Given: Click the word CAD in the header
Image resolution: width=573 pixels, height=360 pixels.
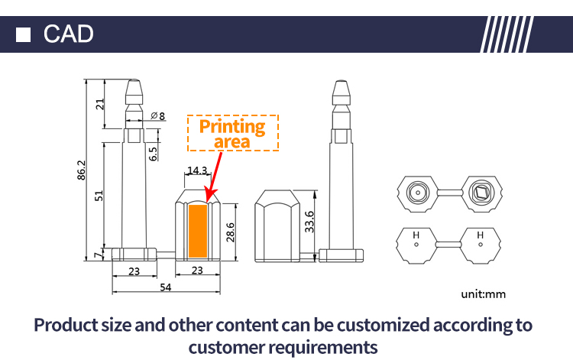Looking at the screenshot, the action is click(x=68, y=34).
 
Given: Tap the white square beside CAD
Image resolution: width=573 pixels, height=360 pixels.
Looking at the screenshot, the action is click(x=23, y=34).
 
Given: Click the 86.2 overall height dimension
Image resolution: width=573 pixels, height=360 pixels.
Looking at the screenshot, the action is click(x=81, y=170).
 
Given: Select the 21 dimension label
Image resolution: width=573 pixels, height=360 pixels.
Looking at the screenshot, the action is click(x=100, y=104).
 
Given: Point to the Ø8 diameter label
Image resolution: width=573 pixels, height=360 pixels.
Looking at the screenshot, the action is click(x=158, y=116).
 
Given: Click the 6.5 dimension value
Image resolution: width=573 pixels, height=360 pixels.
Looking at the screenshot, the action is click(x=153, y=154).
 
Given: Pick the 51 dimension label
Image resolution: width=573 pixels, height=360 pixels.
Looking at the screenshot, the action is click(x=99, y=196).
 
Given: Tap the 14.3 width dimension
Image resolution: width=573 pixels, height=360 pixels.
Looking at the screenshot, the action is click(x=197, y=170).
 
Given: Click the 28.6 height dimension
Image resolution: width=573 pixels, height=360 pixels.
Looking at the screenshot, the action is click(x=230, y=232).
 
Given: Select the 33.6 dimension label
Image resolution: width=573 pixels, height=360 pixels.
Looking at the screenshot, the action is click(x=309, y=222).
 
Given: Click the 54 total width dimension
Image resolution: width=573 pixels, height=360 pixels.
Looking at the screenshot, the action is click(x=165, y=287).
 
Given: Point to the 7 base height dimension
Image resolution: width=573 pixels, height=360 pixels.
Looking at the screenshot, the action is click(x=99, y=255).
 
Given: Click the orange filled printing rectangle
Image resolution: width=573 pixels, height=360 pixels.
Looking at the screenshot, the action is click(x=198, y=231).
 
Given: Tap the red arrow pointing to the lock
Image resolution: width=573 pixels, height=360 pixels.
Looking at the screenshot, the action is click(x=214, y=177).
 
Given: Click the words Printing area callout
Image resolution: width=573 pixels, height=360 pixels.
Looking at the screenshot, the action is click(x=232, y=134).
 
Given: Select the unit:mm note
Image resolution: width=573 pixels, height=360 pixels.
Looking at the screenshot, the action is click(x=483, y=294).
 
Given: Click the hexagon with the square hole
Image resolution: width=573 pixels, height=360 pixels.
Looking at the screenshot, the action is click(x=481, y=193).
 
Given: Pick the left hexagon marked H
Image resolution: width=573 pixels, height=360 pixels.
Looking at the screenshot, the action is click(x=416, y=245).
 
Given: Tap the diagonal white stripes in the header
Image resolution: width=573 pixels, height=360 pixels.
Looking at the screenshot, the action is click(x=507, y=34).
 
